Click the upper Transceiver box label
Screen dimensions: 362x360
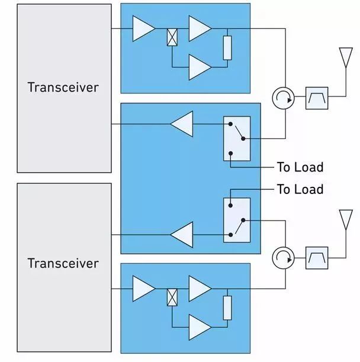click(x=63, y=87)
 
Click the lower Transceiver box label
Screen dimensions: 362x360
click(x=63, y=263)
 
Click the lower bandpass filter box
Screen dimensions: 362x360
click(x=316, y=258)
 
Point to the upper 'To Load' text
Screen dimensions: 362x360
click(x=300, y=167)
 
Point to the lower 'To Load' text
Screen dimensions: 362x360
click(x=300, y=189)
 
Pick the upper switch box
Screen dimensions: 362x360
click(x=237, y=138)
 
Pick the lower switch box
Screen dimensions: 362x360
click(x=237, y=219)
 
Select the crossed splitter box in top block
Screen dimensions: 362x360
click(x=172, y=38)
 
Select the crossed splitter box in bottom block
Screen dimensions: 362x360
click(x=172, y=296)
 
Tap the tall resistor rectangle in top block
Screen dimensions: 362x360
click(x=227, y=48)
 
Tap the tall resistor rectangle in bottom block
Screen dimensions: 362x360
click(x=227, y=308)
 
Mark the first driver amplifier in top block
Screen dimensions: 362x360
click(x=143, y=28)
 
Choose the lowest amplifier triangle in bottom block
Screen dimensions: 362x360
click(x=200, y=326)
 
